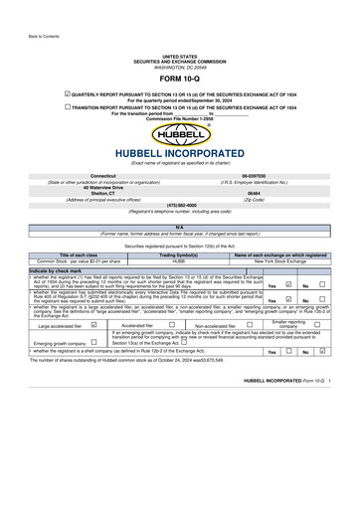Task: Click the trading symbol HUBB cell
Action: point(179,261)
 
